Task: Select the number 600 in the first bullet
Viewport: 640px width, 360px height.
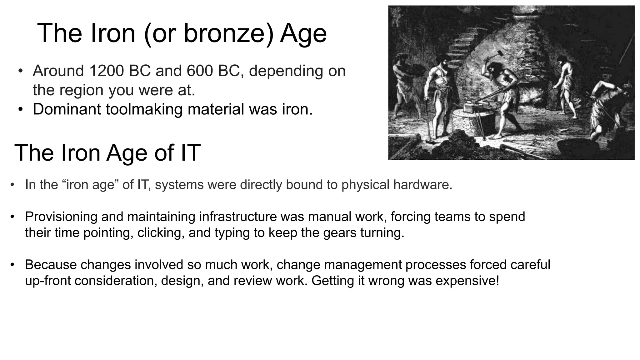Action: coord(200,71)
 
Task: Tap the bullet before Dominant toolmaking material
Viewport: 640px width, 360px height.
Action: coord(21,110)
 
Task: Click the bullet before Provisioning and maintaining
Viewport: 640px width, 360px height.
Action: coord(12,217)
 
